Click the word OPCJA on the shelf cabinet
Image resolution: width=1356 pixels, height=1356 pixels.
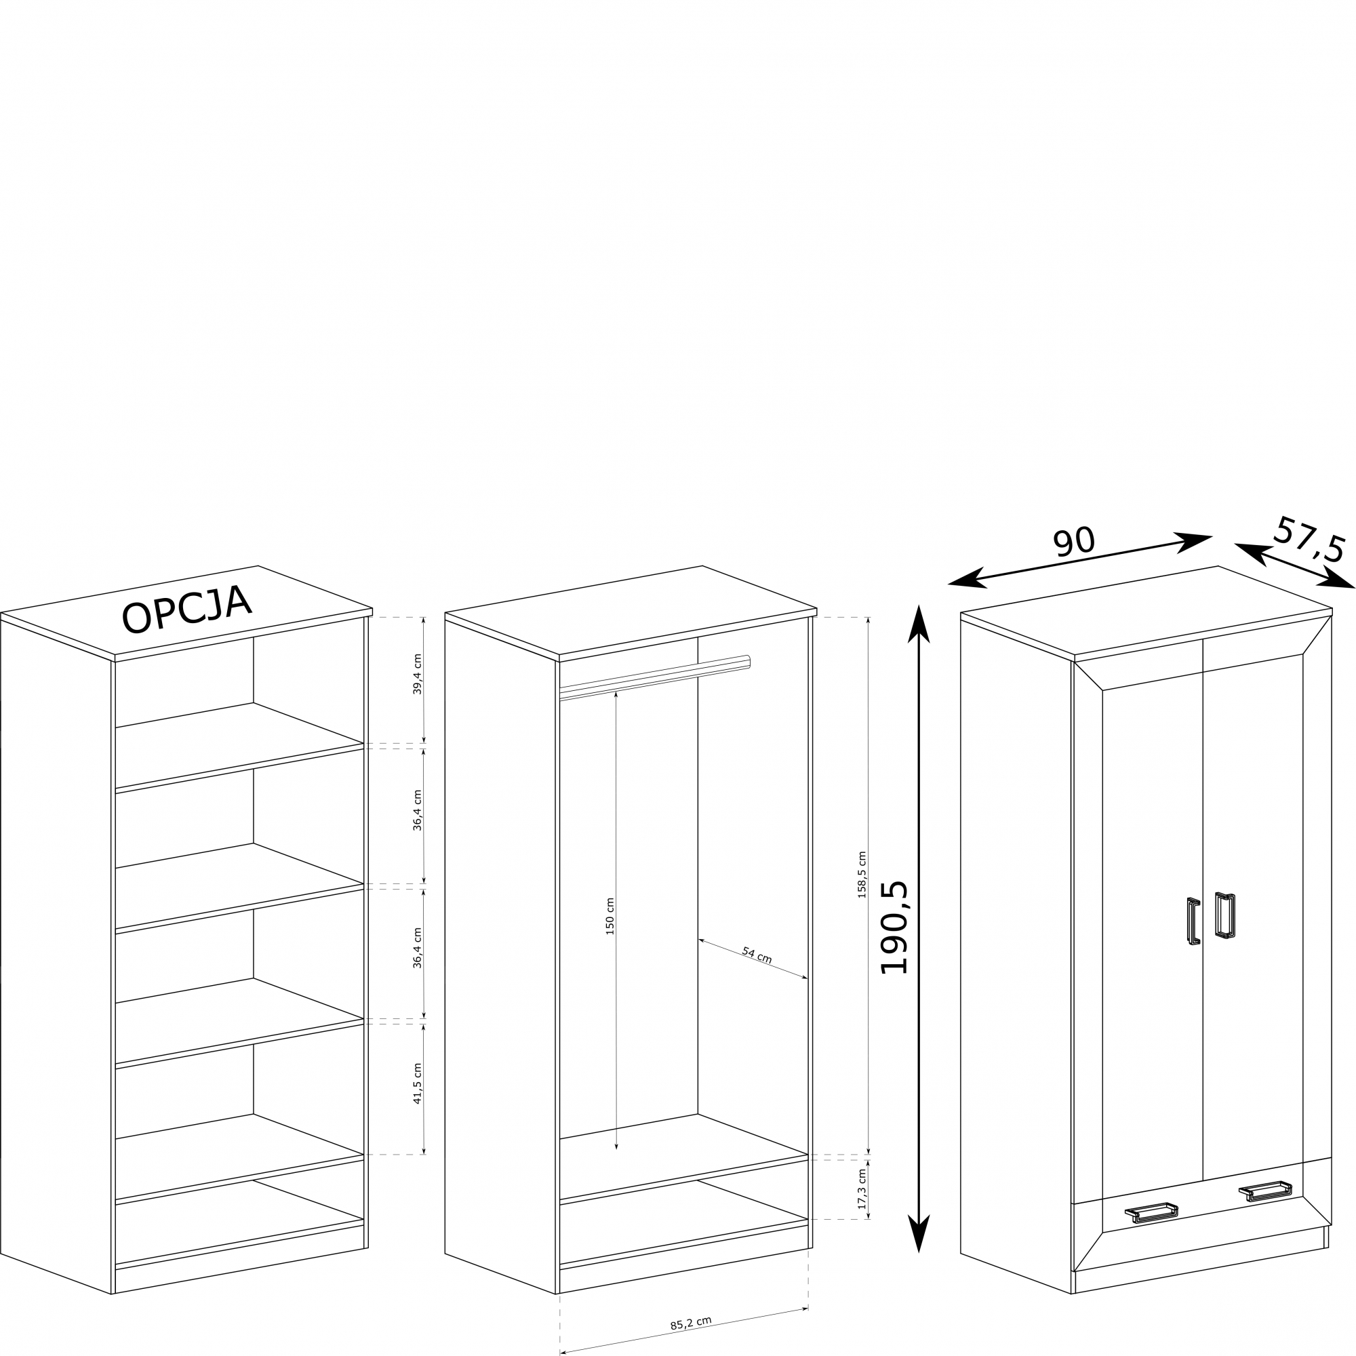click(186, 609)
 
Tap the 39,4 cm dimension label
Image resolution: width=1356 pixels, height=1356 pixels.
click(418, 675)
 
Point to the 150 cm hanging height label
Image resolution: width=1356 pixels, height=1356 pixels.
click(610, 916)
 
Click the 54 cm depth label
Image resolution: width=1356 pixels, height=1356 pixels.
click(757, 955)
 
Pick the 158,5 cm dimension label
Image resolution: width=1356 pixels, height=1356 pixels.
click(862, 875)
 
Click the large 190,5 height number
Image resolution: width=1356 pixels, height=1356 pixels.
click(895, 928)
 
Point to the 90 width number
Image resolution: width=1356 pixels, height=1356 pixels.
click(1074, 542)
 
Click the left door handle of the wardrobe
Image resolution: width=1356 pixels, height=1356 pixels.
click(1193, 921)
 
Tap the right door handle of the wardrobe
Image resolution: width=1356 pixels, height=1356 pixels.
click(1225, 916)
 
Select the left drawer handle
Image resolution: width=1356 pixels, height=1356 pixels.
click(1152, 1212)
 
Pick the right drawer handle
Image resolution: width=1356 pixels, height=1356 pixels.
click(1265, 1191)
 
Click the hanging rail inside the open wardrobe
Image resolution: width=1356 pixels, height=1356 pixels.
click(655, 678)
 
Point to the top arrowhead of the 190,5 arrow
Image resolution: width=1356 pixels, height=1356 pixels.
click(919, 623)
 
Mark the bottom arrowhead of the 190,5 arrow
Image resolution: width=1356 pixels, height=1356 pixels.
click(919, 1234)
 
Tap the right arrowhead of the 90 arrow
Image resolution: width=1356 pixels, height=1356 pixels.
click(1193, 540)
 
